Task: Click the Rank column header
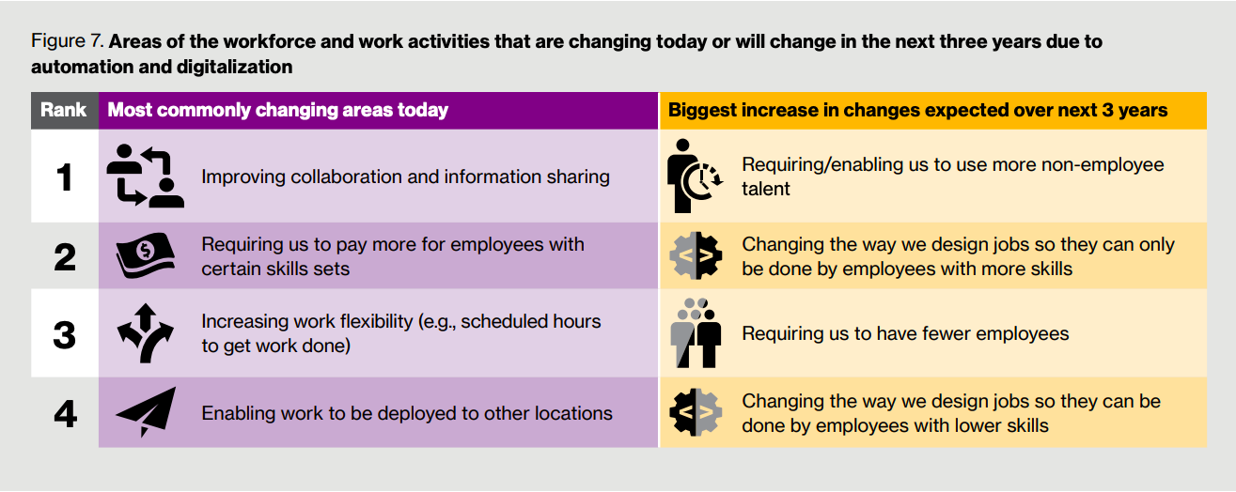coord(64,110)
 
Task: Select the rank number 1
coord(65,177)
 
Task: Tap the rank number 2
coord(65,257)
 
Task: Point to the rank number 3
coord(65,334)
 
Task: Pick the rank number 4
coord(65,414)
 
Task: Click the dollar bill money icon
coord(145,255)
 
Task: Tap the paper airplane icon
coord(146,412)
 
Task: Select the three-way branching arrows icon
coord(145,333)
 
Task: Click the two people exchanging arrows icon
coord(145,176)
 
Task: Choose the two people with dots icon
coord(696,333)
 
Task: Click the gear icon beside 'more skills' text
coord(696,255)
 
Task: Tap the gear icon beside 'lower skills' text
coord(696,412)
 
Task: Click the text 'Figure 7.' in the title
coord(68,40)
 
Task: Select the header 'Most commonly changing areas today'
coord(277,110)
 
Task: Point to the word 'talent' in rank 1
coord(766,189)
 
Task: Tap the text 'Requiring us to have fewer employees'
coord(905,334)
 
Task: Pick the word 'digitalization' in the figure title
coord(234,67)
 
